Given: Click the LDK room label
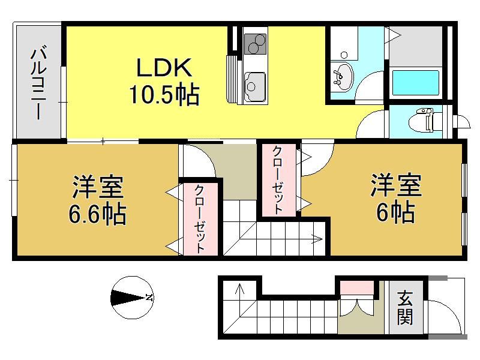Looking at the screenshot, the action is coord(164,68).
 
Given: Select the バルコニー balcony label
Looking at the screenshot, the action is coord(39,82).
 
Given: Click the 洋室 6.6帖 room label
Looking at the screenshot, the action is coord(98,200).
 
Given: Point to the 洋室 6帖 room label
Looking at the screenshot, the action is coord(396,198).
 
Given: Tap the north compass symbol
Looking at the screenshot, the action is coord(132,297).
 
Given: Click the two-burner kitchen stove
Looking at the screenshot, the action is coord(256,44).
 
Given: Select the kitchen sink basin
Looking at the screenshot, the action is coord(254,86).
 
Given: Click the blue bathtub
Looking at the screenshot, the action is coord(415,83).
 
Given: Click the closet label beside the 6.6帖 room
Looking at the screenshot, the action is coord(200,219).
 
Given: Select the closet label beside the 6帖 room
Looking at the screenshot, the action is coord(278,180).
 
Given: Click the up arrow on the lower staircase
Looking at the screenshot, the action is coord(239,289).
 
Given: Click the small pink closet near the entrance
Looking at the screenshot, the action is coord(357,287).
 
